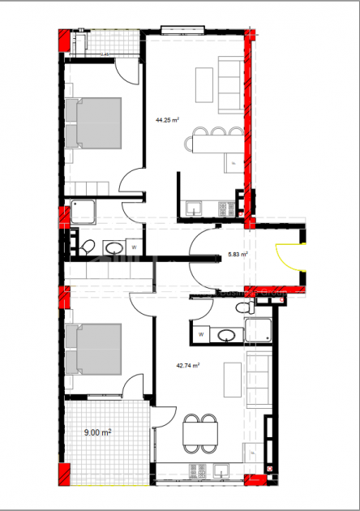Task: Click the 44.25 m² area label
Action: click(x=167, y=119)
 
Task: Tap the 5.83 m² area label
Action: click(x=238, y=254)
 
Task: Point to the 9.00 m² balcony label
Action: click(x=97, y=433)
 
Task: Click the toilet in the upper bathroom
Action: click(x=88, y=246)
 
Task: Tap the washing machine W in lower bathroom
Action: click(x=200, y=333)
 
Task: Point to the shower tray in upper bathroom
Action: click(x=84, y=213)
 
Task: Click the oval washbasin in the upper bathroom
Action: click(x=114, y=247)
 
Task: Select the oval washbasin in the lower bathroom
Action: click(x=227, y=333)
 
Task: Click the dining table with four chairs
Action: click(x=200, y=434)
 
